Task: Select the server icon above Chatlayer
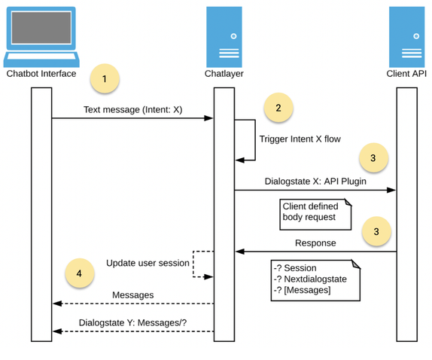pos(224,36)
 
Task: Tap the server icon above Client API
pos(406,36)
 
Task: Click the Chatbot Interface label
pos(41,74)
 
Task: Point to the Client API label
pos(407,74)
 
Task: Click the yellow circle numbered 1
pos(105,78)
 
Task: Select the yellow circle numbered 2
pos(278,108)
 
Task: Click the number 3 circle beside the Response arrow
pos(376,232)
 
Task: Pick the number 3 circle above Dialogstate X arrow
pos(374,158)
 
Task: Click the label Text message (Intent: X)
pos(132,109)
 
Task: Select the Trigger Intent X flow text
pos(300,139)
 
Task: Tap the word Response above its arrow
pos(315,243)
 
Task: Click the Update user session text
pos(148,263)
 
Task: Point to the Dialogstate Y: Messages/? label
pos(132,323)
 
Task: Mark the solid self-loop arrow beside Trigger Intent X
pos(253,139)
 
